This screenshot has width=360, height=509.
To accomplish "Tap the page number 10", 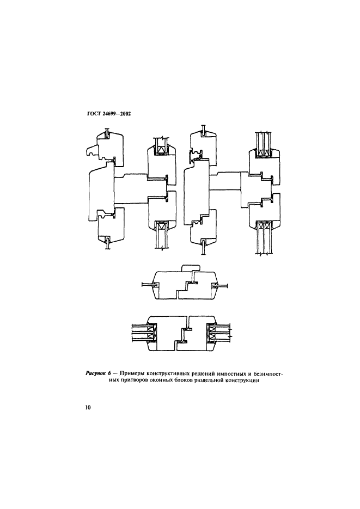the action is coord(88,408).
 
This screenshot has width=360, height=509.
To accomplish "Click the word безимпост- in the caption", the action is coord(270,374).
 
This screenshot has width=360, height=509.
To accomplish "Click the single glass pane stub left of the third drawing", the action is coord(148,285).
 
